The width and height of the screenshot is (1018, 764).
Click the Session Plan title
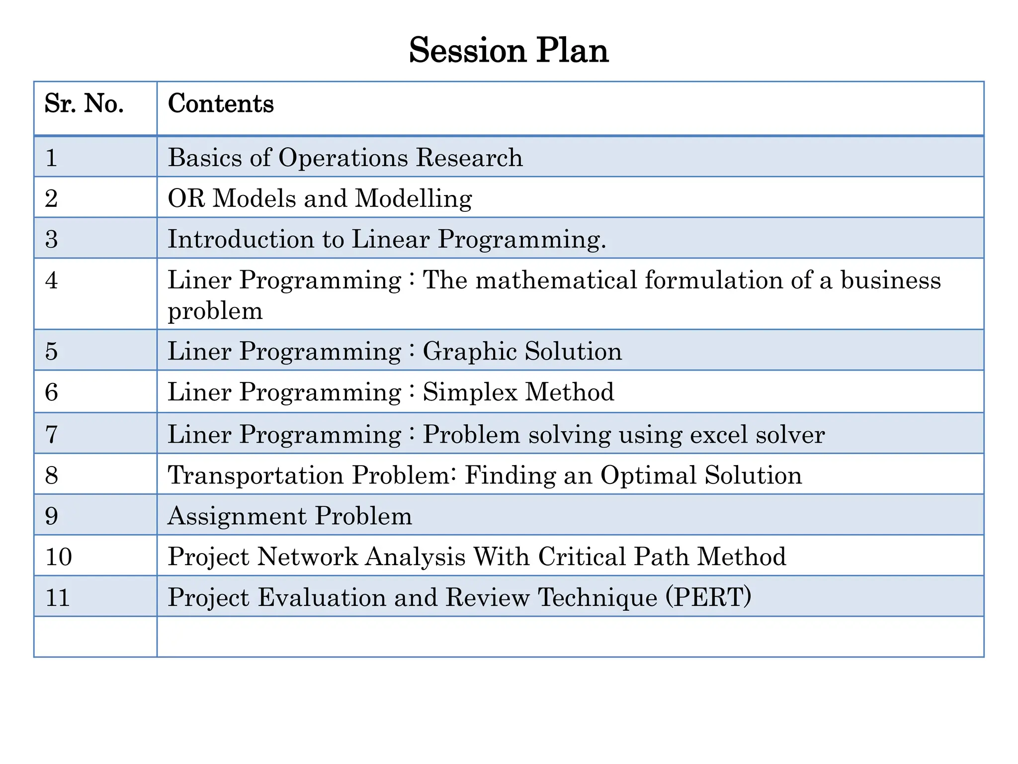(x=509, y=51)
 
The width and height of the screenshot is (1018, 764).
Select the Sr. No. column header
(x=85, y=104)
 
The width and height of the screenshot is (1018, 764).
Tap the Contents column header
(x=221, y=104)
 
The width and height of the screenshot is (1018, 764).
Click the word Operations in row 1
(x=343, y=158)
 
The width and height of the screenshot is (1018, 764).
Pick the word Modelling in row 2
(x=414, y=199)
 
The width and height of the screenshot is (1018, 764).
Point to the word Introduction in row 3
(x=241, y=239)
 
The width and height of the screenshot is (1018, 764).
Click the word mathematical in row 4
(x=556, y=280)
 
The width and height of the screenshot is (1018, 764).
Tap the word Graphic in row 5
(x=470, y=352)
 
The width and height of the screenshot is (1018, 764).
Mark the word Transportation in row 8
(x=255, y=475)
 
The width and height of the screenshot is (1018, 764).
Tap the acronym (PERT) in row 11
(x=708, y=597)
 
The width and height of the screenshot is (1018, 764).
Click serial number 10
(x=59, y=557)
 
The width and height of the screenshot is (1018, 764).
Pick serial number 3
(x=52, y=240)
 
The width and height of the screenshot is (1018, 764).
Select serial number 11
(x=58, y=597)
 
